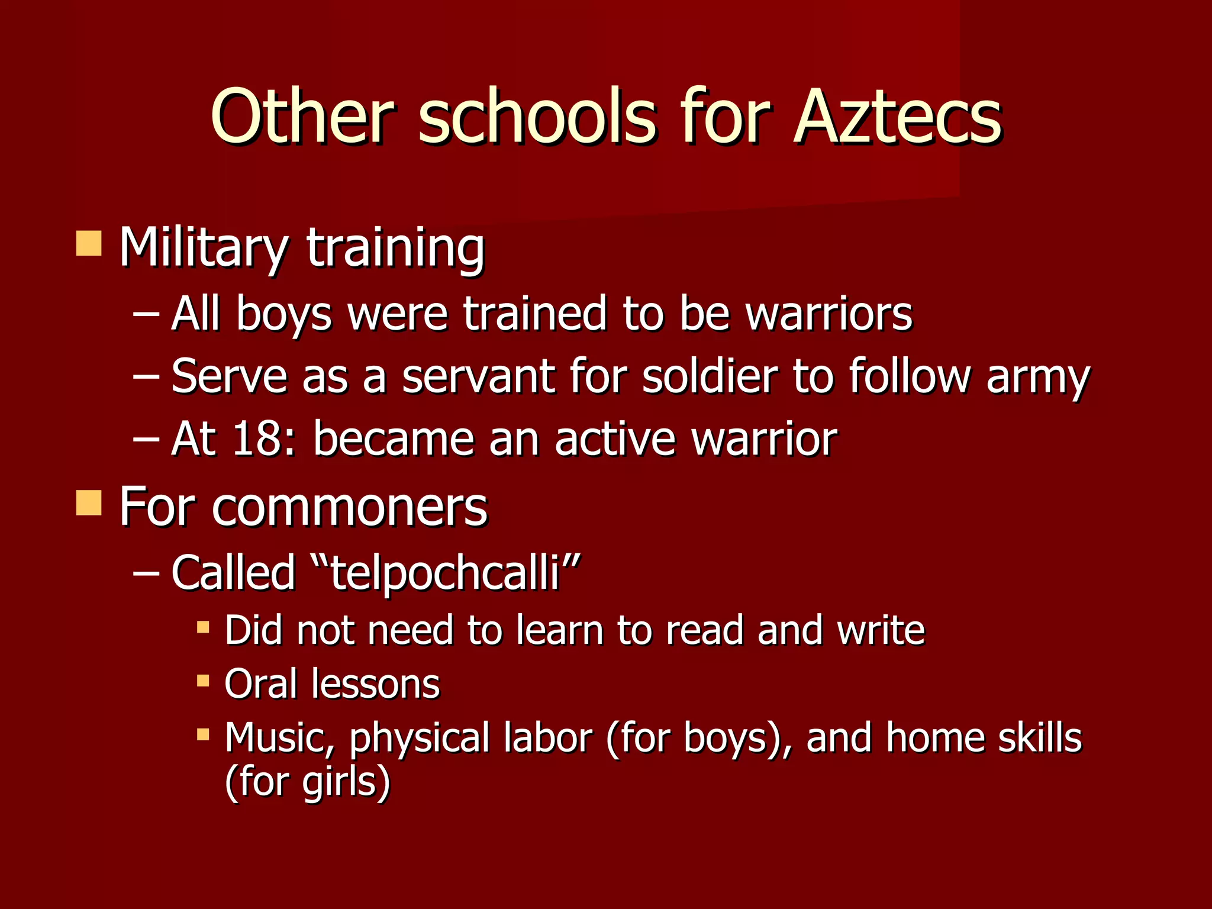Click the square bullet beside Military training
[x=89, y=243]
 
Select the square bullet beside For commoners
[x=89, y=503]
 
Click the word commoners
[x=349, y=507]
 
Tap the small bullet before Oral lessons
[x=203, y=681]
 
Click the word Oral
[x=260, y=684]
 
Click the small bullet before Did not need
[x=203, y=627]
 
